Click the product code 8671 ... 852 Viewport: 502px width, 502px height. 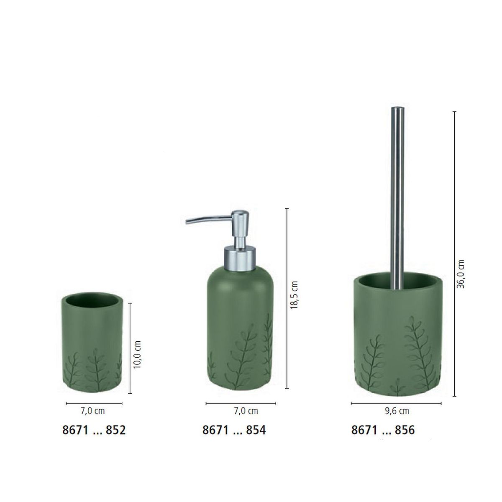pos(94,430)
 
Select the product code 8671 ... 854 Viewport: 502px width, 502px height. pos(234,430)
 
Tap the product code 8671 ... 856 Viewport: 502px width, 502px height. pos(383,430)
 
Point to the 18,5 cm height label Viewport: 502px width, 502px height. pos(294,295)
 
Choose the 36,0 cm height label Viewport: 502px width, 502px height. pos(461,274)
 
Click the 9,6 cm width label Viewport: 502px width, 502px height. pos(397,411)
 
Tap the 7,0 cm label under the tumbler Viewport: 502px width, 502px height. pos(93,411)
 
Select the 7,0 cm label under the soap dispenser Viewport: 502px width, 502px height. pos(246,411)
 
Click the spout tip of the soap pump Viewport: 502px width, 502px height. pos(187,222)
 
